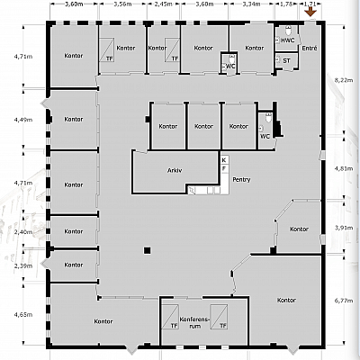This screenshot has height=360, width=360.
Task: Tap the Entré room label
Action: coord(309,47)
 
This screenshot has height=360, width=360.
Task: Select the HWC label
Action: coord(287,40)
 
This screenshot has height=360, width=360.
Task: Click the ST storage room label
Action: coord(286,61)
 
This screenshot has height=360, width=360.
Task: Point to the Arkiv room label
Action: coord(175,170)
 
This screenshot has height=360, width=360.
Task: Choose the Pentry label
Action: coord(241,180)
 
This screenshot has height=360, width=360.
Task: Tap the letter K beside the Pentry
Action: coord(224,159)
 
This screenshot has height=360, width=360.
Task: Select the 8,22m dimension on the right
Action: coord(341,80)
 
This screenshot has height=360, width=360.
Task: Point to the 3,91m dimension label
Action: coord(341,228)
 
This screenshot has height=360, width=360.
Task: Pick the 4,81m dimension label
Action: coord(341,168)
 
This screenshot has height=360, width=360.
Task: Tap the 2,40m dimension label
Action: coord(22,231)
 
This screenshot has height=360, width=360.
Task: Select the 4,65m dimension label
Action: coord(22,314)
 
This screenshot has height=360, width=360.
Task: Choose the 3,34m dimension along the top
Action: coord(252,4)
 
